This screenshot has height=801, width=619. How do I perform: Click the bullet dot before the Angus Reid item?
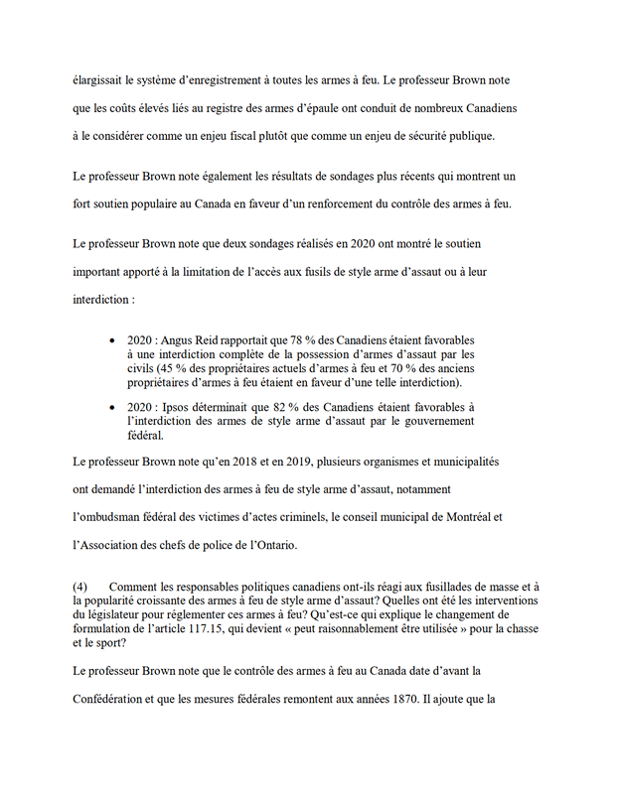pos(112,339)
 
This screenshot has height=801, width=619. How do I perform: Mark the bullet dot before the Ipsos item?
pos(112,407)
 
